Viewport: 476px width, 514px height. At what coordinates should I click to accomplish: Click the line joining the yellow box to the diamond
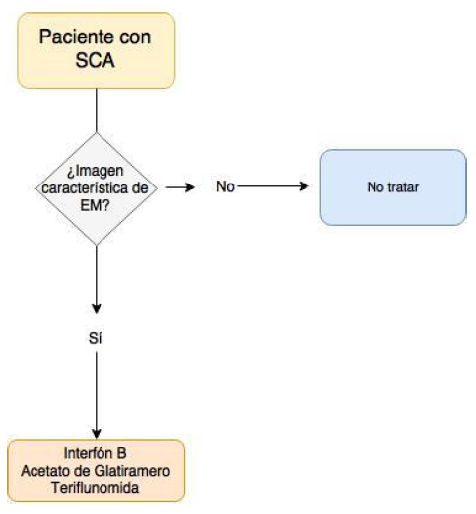[96, 110]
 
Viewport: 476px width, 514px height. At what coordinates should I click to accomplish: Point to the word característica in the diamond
[96, 184]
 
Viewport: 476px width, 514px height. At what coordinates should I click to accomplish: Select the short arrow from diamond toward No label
[180, 185]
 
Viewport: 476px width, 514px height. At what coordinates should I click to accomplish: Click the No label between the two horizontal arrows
[225, 185]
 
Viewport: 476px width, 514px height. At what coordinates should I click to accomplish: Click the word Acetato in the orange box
[44, 471]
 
